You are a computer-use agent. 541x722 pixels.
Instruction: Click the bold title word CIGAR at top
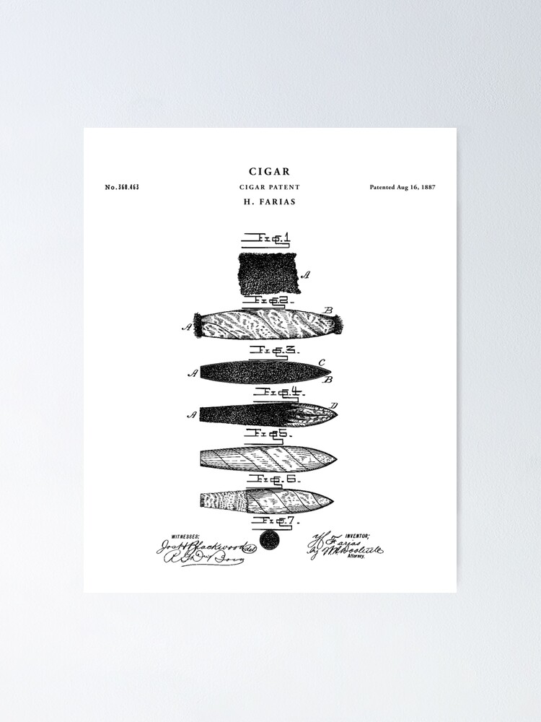click(270, 172)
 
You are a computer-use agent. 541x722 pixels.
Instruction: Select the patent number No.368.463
click(122, 188)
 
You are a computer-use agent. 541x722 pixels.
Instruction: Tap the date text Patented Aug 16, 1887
click(403, 188)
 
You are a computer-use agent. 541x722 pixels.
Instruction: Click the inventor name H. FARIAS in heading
click(270, 202)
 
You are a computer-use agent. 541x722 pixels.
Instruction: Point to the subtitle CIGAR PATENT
click(270, 188)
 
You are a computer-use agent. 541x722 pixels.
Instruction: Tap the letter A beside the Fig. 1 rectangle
click(305, 274)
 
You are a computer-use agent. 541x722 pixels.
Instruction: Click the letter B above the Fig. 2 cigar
click(329, 310)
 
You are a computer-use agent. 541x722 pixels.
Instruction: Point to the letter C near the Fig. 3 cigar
click(322, 362)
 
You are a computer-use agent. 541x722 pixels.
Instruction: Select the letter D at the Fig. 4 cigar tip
click(333, 405)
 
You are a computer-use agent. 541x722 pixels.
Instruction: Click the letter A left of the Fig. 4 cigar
click(192, 414)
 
